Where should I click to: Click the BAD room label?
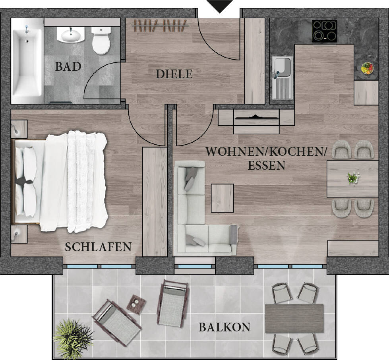click(x=68, y=66)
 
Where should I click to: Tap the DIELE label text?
click(x=174, y=74)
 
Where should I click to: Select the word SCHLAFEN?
click(x=98, y=247)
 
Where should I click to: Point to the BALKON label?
click(x=224, y=327)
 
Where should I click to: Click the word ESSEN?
click(x=267, y=165)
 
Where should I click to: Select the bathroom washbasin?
click(x=71, y=35)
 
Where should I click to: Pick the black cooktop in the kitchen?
click(x=324, y=31)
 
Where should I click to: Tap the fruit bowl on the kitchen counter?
click(x=367, y=68)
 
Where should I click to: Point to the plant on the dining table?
click(x=353, y=178)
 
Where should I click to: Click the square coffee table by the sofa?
click(x=222, y=198)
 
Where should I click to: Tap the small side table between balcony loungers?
click(x=136, y=304)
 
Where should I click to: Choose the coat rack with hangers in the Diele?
click(x=161, y=26)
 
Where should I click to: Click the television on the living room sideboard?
click(x=257, y=117)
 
